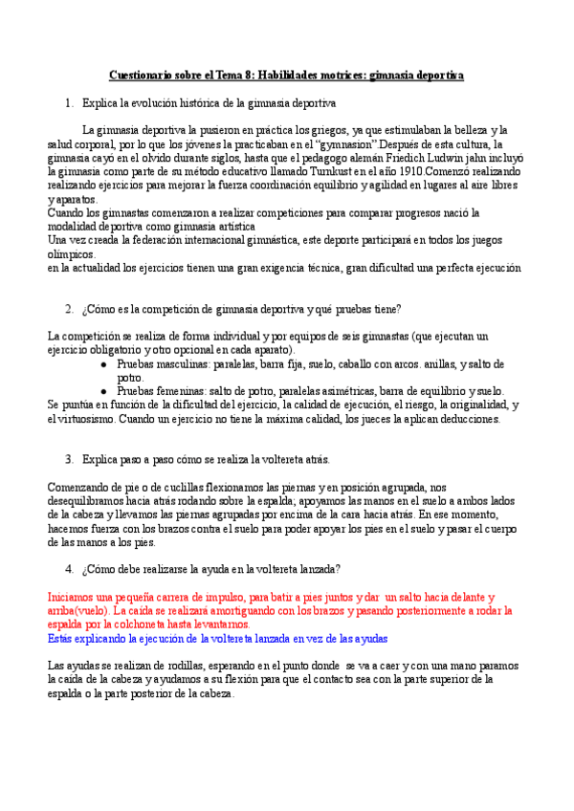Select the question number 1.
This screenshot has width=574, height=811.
point(69,102)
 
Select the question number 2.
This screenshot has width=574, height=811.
point(69,309)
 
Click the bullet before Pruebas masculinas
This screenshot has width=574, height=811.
point(104,364)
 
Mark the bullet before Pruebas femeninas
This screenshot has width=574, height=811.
point(104,391)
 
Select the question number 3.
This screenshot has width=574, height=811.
point(69,460)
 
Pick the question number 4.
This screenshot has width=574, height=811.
point(69,569)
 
